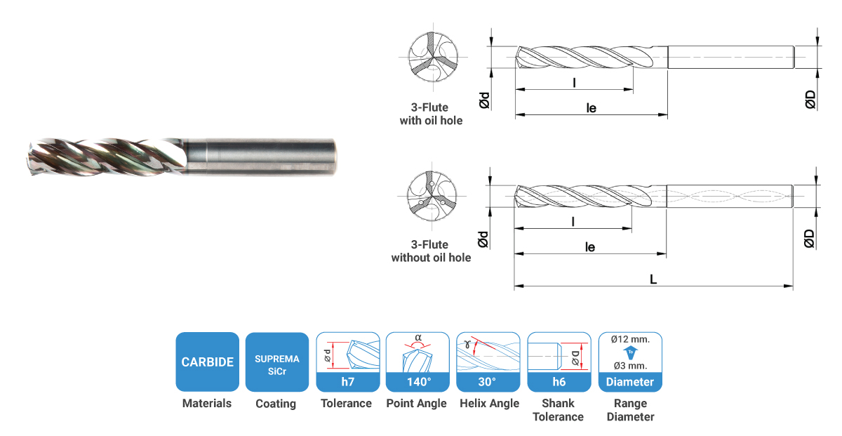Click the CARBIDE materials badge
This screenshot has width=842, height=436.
(207, 362)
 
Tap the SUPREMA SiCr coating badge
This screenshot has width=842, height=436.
(277, 362)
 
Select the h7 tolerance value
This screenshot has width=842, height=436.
(348, 382)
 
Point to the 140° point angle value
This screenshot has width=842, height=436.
(419, 382)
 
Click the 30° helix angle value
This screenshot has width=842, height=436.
(487, 382)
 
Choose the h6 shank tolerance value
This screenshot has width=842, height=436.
(559, 382)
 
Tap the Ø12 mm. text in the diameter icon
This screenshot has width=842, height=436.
(630, 339)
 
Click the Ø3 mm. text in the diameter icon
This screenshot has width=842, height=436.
(630, 366)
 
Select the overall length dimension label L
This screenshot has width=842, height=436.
(653, 279)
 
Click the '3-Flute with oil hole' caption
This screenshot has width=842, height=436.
(431, 114)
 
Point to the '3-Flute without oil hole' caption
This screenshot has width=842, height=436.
(431, 251)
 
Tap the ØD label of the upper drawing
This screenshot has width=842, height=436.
(810, 99)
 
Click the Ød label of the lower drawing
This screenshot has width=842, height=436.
(483, 239)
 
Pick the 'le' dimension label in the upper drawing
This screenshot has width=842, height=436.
(592, 108)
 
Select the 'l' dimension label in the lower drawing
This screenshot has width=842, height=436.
(573, 222)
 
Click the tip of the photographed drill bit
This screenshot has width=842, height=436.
(29, 158)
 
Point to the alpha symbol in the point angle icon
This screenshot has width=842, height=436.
(418, 338)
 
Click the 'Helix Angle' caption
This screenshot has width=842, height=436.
(490, 403)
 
